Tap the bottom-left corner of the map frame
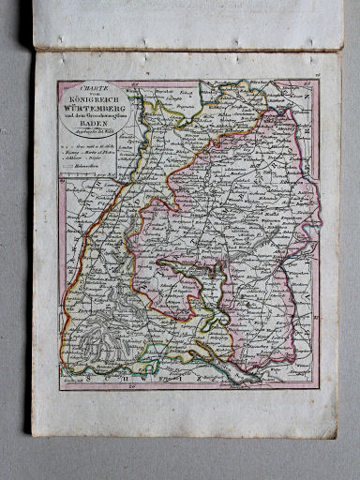[59, 388]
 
